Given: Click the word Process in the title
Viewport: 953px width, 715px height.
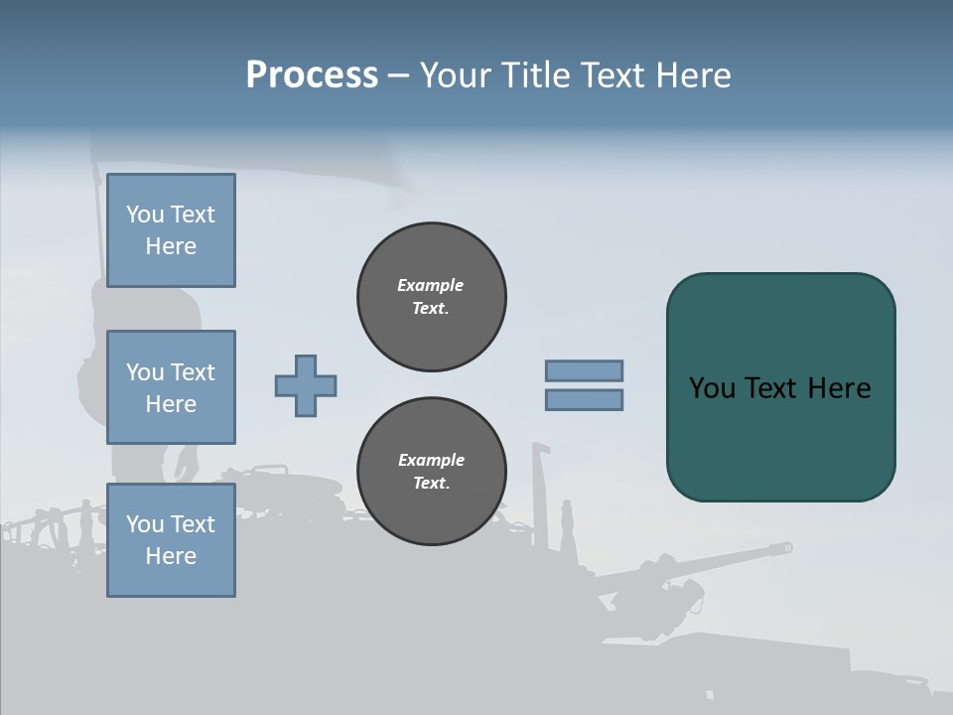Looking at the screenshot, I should [x=312, y=75].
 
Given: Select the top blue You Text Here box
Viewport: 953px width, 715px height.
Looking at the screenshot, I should [x=171, y=230].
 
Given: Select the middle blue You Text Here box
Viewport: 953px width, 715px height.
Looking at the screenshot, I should [x=171, y=387].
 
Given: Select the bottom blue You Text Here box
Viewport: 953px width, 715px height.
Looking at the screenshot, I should [x=171, y=540].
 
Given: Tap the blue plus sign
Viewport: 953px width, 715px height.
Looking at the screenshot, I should [x=306, y=385].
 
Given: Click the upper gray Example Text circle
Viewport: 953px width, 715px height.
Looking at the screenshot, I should [x=431, y=297].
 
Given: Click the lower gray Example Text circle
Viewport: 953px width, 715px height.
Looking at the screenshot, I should [x=431, y=472].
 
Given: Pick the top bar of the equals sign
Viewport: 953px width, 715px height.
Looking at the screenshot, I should [x=584, y=370].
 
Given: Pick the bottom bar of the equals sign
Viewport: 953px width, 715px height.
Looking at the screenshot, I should [x=584, y=400].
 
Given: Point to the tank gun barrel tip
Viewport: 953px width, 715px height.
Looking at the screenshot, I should [x=786, y=547].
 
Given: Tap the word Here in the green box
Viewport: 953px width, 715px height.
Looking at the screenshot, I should [x=839, y=388].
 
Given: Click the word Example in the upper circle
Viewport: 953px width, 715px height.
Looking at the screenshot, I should [x=431, y=285].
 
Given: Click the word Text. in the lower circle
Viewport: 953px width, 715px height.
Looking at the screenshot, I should [x=431, y=484].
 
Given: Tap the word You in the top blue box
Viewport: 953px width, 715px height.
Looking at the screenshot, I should [x=145, y=214].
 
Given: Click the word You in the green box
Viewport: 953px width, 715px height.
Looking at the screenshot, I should [x=711, y=388].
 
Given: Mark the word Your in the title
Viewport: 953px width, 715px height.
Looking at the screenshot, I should [x=458, y=75].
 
